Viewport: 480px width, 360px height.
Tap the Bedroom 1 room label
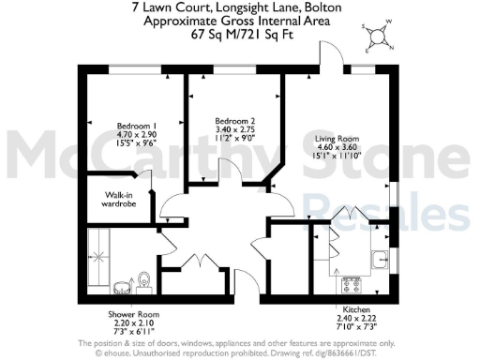[x=136, y=126]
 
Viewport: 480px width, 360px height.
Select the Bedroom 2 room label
[x=233, y=121]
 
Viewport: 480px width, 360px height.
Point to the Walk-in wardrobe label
[x=112, y=200]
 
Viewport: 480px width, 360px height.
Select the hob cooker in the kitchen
[x=354, y=282]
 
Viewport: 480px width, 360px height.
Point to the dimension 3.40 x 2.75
[x=233, y=130]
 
